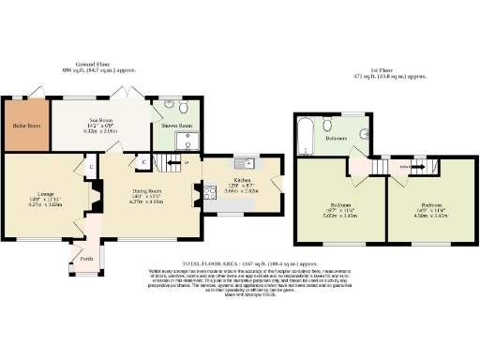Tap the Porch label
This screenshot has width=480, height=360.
86,259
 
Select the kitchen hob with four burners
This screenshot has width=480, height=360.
202,195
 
